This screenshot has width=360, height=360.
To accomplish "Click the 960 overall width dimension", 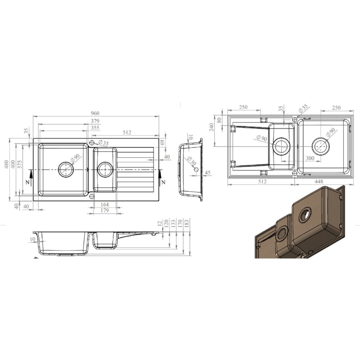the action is click(x=95, y=113).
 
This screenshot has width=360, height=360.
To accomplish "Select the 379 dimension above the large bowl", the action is click(x=95, y=121).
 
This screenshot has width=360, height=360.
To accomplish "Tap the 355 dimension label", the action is click(x=95, y=128).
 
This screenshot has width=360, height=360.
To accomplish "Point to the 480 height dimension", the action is click(x=6, y=164).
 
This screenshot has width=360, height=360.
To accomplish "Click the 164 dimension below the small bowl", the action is click(x=105, y=204).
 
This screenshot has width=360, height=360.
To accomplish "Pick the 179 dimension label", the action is click(x=105, y=210).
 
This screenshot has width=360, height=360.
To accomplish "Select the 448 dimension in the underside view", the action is click(x=319, y=181).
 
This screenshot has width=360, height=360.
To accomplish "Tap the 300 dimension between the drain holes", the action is click(x=310, y=158).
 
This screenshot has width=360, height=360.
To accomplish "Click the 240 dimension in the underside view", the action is click(x=212, y=127).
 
